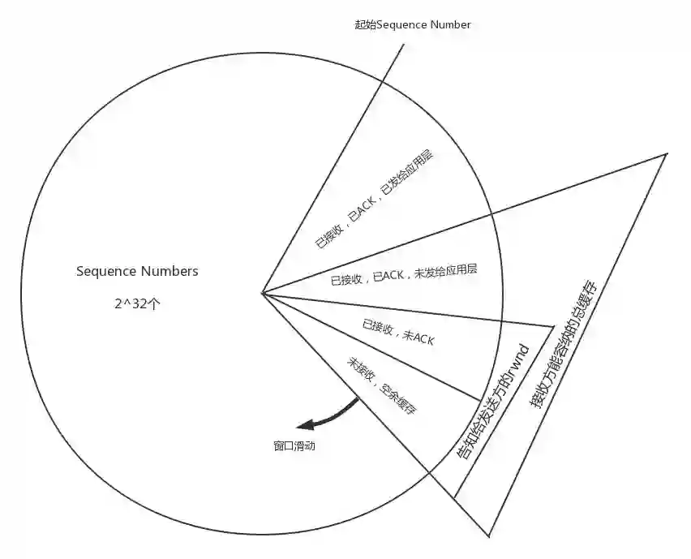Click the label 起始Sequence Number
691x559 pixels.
(413, 24)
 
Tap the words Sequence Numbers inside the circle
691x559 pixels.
(137, 271)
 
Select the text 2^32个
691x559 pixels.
(137, 303)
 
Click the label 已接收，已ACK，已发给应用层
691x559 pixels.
(372, 198)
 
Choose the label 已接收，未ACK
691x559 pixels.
(398, 333)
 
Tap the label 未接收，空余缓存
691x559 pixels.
(382, 386)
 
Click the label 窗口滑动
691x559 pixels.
(294, 445)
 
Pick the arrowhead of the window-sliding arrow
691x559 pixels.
(305, 426)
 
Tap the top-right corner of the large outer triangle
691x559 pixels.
(666, 153)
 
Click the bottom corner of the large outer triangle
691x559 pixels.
(489, 535)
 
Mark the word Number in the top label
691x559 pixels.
(450, 24)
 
